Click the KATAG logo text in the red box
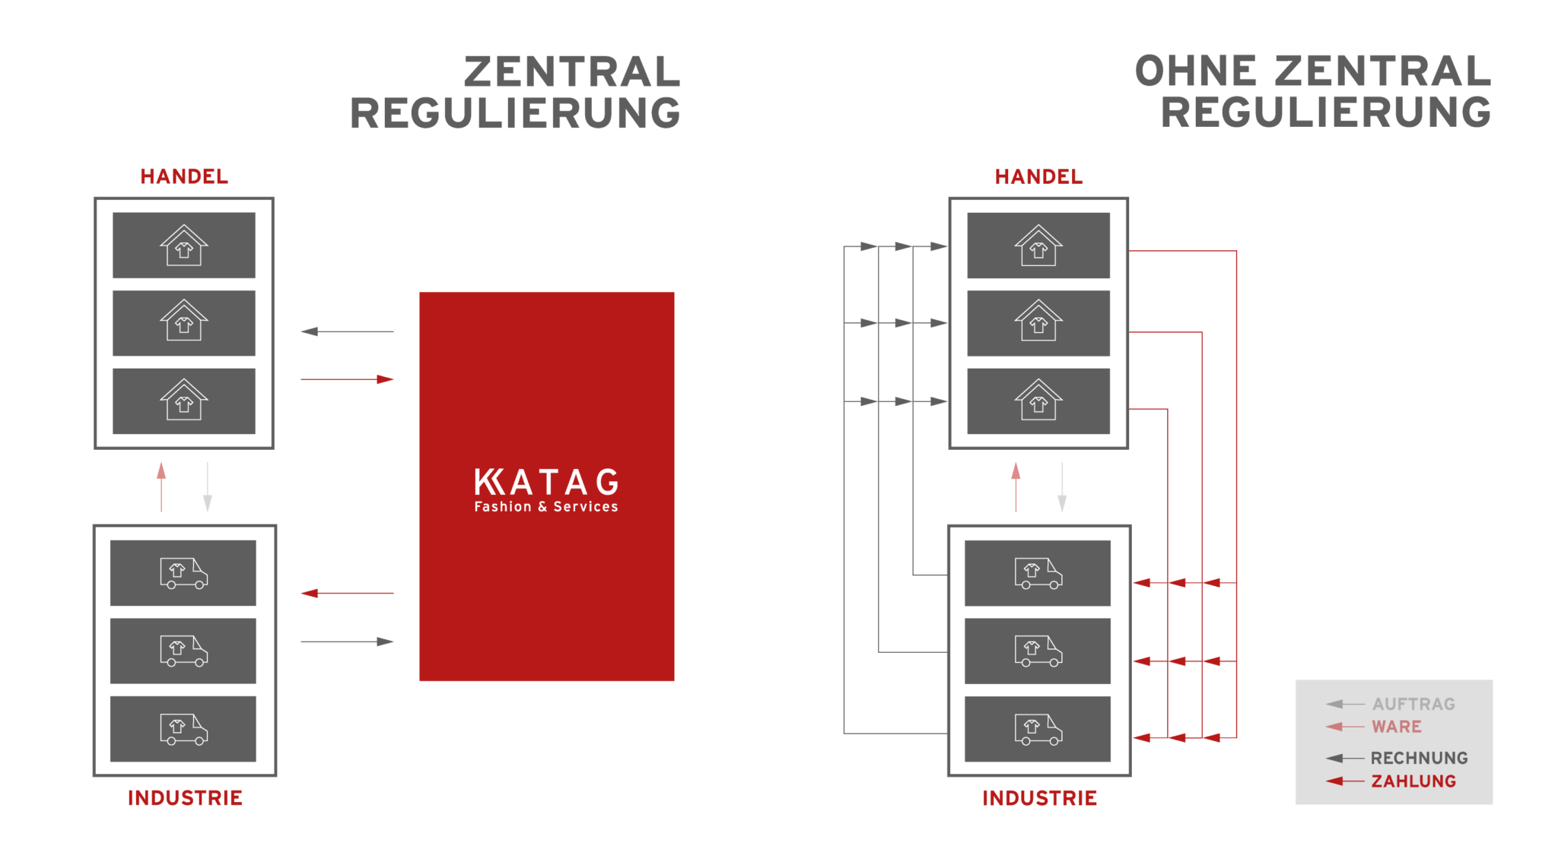click(x=546, y=482)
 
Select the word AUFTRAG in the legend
click(x=1413, y=704)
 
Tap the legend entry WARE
click(x=1396, y=727)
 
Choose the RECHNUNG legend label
click(x=1419, y=758)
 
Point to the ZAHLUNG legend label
click(x=1413, y=781)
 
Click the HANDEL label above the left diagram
click(x=184, y=176)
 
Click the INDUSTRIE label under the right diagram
click(x=1039, y=798)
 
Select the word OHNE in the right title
click(x=1196, y=71)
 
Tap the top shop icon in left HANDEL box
click(x=184, y=246)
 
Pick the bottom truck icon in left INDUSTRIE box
click(x=183, y=729)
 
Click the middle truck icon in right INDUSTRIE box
click(x=1038, y=651)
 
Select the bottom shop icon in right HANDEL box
click(x=1038, y=401)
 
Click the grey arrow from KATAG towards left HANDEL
click(x=347, y=331)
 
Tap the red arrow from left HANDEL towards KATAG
click(x=347, y=379)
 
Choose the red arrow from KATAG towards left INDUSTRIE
click(x=347, y=593)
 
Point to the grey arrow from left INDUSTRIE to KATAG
click(x=347, y=642)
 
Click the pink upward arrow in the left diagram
click(x=161, y=486)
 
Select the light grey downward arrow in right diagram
click(x=1062, y=486)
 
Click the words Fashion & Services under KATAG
click(x=546, y=507)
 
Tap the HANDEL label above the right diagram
click(x=1038, y=176)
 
